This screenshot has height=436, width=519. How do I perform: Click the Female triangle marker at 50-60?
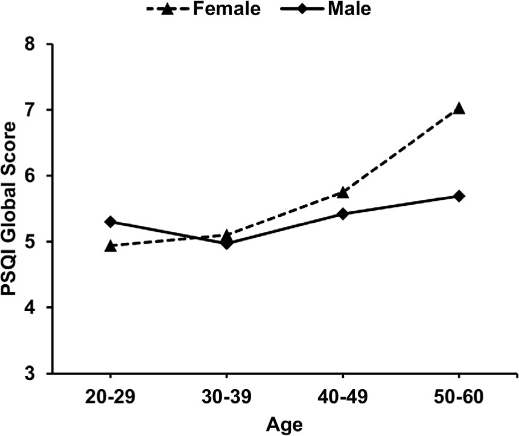coord(459,109)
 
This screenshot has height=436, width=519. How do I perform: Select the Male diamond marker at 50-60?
coord(459,196)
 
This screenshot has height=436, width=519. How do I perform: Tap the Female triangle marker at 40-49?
coord(343,192)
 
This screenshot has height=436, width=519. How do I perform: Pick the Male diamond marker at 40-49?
coord(343,214)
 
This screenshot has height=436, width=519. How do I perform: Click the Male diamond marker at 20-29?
coord(110,222)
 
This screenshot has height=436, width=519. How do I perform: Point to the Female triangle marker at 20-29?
coord(110,246)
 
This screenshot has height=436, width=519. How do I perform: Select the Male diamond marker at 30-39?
coord(226,243)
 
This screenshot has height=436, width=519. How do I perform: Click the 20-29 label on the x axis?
coord(110,396)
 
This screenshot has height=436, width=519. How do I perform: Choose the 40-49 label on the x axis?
coord(343,396)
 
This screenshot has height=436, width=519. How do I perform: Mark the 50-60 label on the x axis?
coord(459,396)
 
